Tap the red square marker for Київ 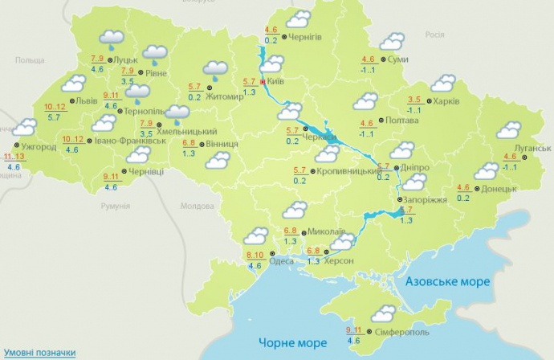[263, 81]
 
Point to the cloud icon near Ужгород [24, 127]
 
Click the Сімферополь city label [402, 332]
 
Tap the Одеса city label [281, 261]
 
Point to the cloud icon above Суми [392, 42]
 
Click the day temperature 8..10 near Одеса [255, 256]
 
